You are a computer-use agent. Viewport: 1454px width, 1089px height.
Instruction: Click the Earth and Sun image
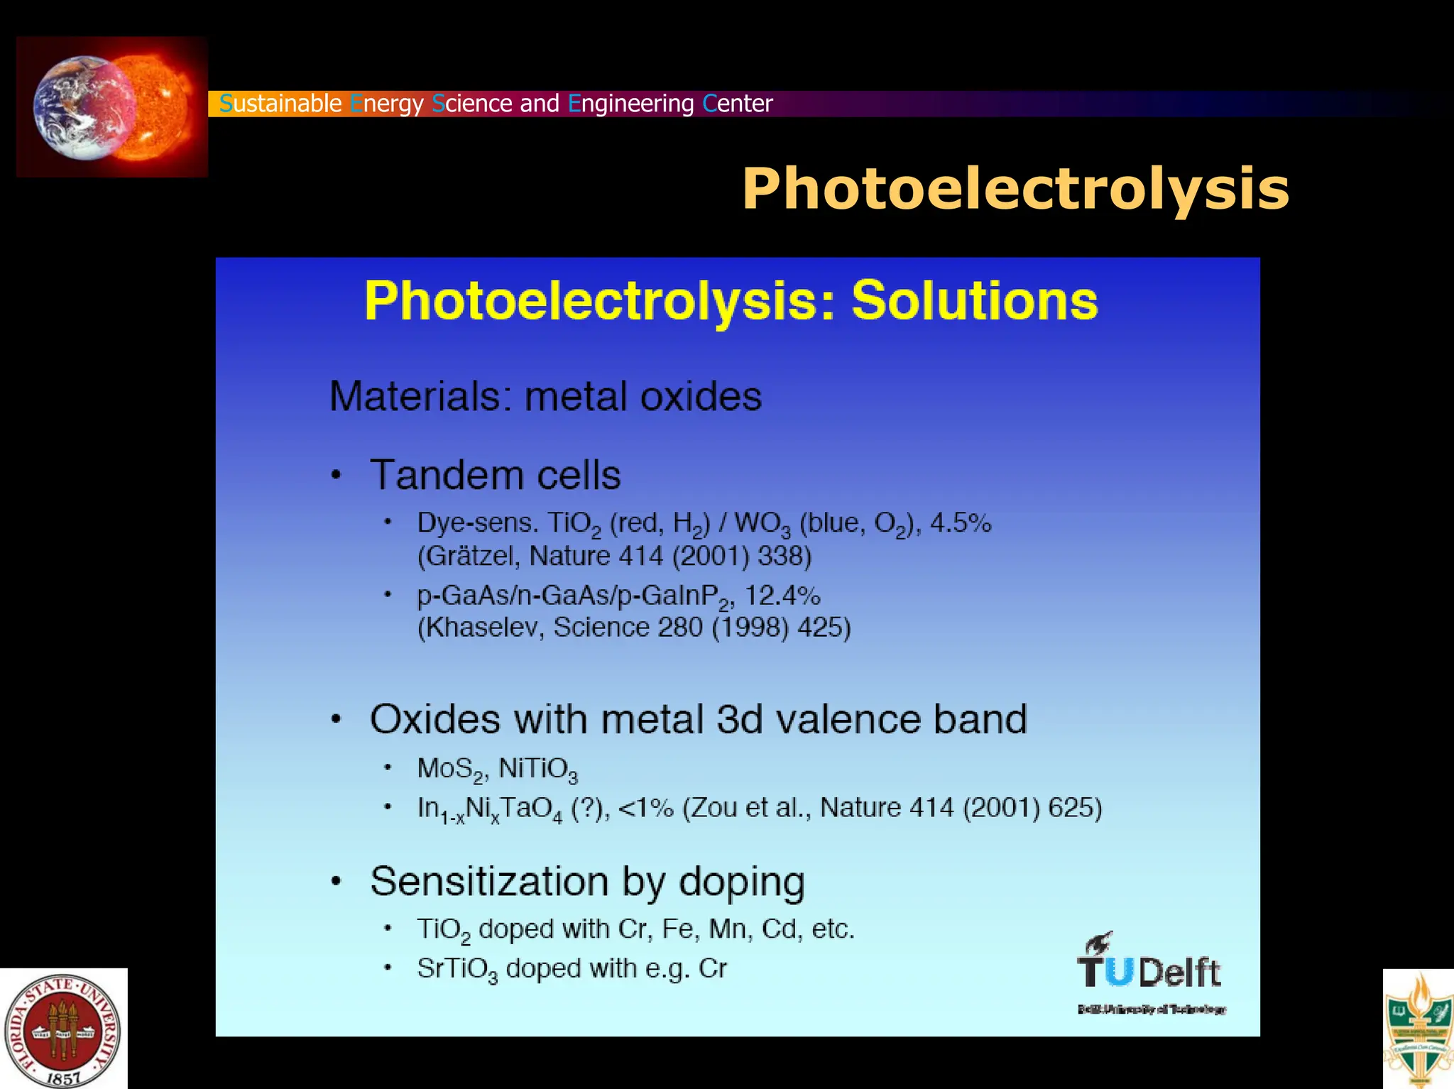[x=112, y=106]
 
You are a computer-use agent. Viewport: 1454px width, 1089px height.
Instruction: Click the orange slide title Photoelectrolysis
[x=1015, y=189]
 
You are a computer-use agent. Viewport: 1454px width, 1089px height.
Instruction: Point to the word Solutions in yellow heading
[x=974, y=301]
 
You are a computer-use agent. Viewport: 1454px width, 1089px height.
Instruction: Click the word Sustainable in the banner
[x=280, y=104]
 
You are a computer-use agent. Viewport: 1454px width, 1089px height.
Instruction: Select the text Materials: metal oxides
[x=545, y=396]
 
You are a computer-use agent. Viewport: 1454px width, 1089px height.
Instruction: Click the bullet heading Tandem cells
[x=496, y=475]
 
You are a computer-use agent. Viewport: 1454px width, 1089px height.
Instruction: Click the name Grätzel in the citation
[x=470, y=556]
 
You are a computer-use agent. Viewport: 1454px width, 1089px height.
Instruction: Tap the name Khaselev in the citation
[x=482, y=628]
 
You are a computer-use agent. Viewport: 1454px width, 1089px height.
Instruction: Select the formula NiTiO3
[x=538, y=769]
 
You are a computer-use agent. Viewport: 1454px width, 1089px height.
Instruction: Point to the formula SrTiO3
[x=457, y=969]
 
